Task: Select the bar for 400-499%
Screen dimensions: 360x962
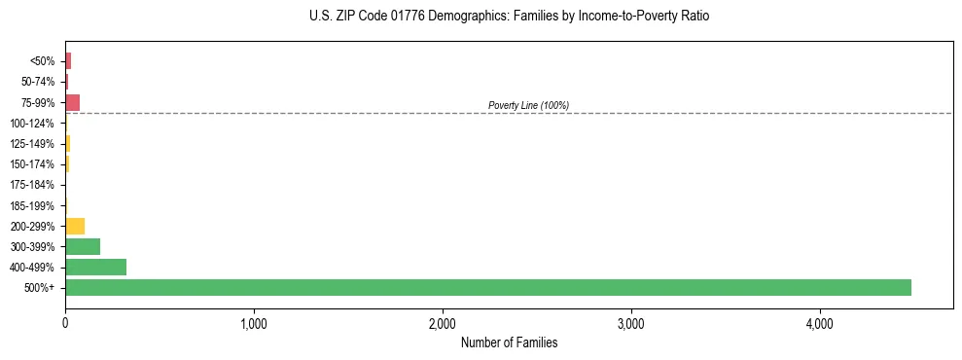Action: point(95,267)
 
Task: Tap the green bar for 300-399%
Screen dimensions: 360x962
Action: point(83,246)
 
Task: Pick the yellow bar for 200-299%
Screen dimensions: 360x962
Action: point(75,226)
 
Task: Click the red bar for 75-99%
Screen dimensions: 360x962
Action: point(72,102)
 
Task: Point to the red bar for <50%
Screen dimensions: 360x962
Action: point(68,61)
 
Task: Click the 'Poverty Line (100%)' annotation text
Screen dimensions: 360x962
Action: point(528,105)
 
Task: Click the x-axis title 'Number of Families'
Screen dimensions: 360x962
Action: point(509,342)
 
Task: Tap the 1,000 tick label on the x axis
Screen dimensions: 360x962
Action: point(254,323)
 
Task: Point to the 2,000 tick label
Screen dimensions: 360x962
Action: point(443,323)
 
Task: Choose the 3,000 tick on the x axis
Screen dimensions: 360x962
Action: point(631,323)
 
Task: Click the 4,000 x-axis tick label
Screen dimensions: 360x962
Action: point(820,323)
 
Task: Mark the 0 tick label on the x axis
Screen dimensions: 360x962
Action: point(65,323)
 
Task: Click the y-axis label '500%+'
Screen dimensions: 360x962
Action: point(42,288)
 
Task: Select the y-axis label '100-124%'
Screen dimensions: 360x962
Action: point(33,124)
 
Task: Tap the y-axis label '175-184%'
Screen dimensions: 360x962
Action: point(33,185)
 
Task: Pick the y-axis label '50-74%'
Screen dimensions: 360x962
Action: point(37,82)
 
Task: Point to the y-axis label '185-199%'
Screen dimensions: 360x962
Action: point(33,205)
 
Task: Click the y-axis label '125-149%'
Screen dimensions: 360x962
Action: point(33,144)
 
